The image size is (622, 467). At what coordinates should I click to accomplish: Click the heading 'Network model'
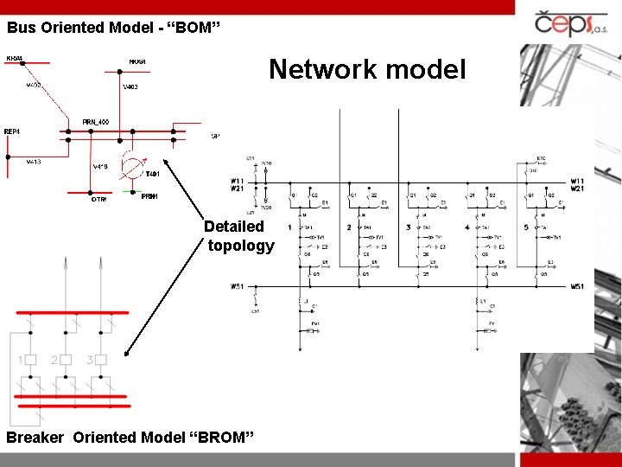pyautogui.click(x=366, y=69)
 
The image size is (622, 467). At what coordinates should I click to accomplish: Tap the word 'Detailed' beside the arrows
pyautogui.click(x=234, y=227)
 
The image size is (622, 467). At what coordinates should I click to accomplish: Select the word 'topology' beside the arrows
pyautogui.click(x=241, y=246)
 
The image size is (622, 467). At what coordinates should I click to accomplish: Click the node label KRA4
pyautogui.click(x=15, y=59)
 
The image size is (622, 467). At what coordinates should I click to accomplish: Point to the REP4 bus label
pyautogui.click(x=12, y=131)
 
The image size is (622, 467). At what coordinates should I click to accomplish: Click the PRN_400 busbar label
pyautogui.click(x=95, y=122)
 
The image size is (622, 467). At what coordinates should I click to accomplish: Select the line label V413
pyautogui.click(x=33, y=162)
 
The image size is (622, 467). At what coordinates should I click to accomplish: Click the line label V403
pyautogui.click(x=130, y=87)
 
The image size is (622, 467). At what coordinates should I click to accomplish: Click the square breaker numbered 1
pyautogui.click(x=30, y=360)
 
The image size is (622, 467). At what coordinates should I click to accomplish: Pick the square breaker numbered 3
pyautogui.click(x=101, y=360)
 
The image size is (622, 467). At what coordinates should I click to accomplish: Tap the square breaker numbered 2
pyautogui.click(x=66, y=360)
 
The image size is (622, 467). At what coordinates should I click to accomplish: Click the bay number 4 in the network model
pyautogui.click(x=466, y=227)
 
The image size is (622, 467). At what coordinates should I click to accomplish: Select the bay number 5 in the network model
pyautogui.click(x=525, y=227)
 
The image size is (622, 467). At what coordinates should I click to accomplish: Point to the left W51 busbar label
pyautogui.click(x=237, y=286)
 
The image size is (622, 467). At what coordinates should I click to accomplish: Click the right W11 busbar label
pyautogui.click(x=577, y=181)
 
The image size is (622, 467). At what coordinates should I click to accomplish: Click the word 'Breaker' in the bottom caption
pyautogui.click(x=35, y=438)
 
